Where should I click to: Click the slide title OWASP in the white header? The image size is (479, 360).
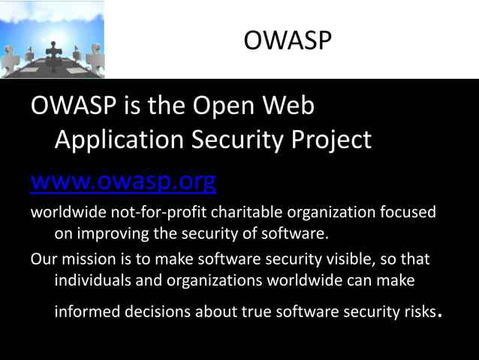click(x=287, y=40)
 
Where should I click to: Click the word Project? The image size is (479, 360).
click(x=330, y=140)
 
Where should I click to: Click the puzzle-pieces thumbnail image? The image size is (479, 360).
click(x=53, y=40)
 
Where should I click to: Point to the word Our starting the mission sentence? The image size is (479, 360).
click(x=43, y=259)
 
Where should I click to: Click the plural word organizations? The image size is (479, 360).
click(x=204, y=280)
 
